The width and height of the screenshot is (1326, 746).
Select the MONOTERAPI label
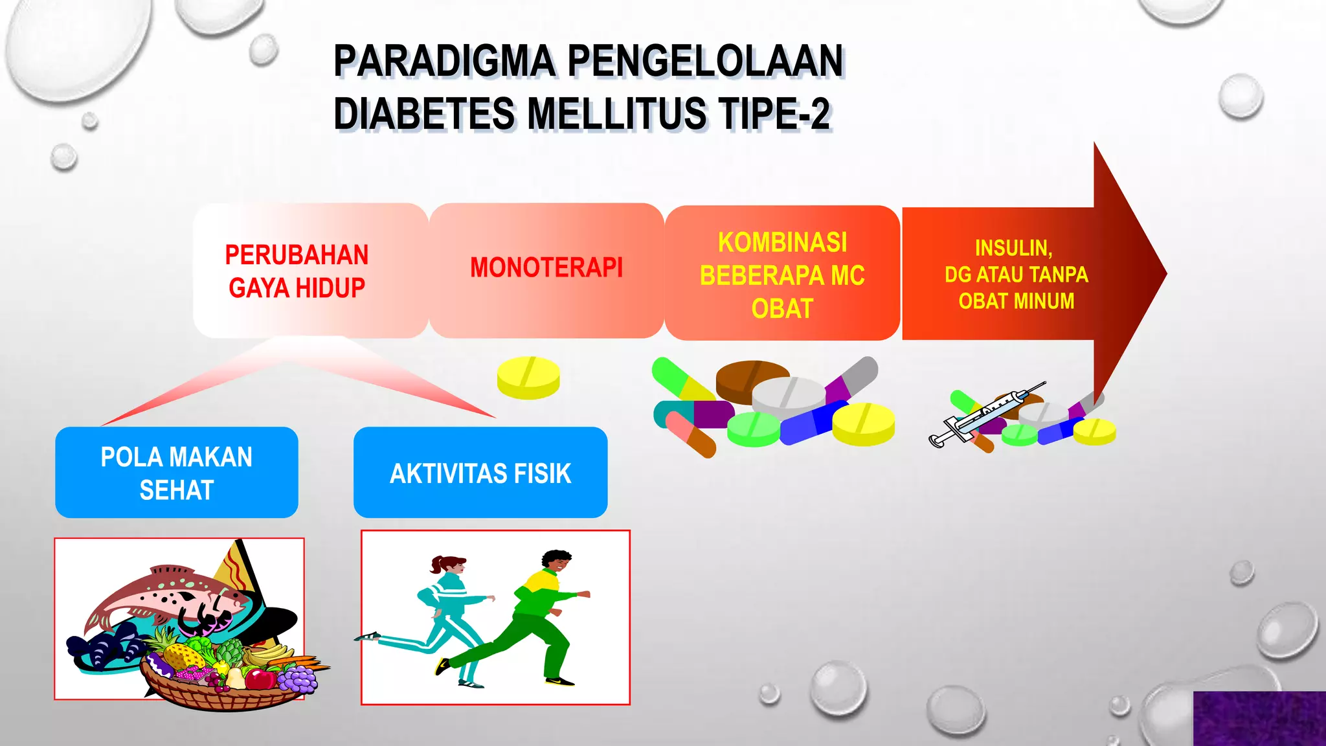(546, 267)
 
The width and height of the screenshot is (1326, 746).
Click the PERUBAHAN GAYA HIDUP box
(297, 271)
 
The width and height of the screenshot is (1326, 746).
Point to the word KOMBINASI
(782, 243)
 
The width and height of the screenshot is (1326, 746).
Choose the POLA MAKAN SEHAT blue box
(176, 473)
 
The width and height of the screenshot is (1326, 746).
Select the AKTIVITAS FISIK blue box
(480, 473)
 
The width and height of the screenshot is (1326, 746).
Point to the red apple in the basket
(262, 679)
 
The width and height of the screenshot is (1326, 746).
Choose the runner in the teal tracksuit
(440, 615)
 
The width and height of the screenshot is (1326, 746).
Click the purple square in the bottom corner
(1259, 718)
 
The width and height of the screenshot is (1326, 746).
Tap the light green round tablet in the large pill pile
(753, 429)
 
